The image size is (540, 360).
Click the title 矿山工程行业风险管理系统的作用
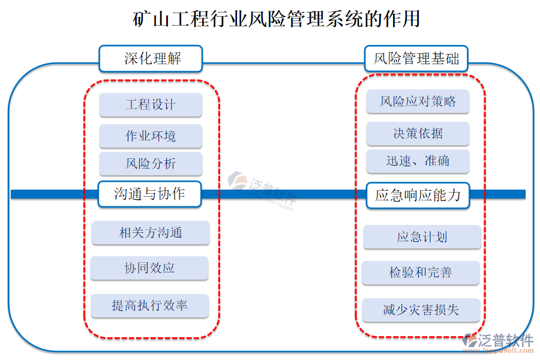276,19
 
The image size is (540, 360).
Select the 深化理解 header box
151,59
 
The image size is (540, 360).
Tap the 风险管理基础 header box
416,59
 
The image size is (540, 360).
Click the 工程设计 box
151,104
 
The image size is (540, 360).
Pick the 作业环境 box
151,136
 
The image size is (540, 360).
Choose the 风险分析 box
151,164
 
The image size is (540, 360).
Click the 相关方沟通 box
150,233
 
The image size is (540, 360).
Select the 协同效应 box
149,268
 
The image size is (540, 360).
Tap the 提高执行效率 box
149,305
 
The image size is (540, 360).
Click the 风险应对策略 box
418,101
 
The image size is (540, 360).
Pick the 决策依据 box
418,133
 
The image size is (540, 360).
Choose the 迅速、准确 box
418,161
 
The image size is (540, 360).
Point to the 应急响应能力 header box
418,195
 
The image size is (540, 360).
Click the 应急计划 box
422,237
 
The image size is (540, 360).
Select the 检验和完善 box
421,273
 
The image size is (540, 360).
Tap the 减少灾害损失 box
421,310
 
